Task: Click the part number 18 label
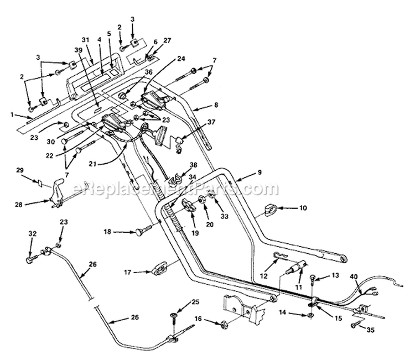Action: pos(108,232)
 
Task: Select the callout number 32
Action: pos(33,233)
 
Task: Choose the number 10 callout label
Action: pos(303,208)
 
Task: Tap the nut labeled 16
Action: pos(223,324)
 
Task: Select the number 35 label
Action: pos(371,330)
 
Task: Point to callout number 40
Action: pos(354,276)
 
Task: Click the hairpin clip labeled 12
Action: pos(281,255)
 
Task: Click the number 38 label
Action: pos(194,165)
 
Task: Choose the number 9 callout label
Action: pos(260,172)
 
